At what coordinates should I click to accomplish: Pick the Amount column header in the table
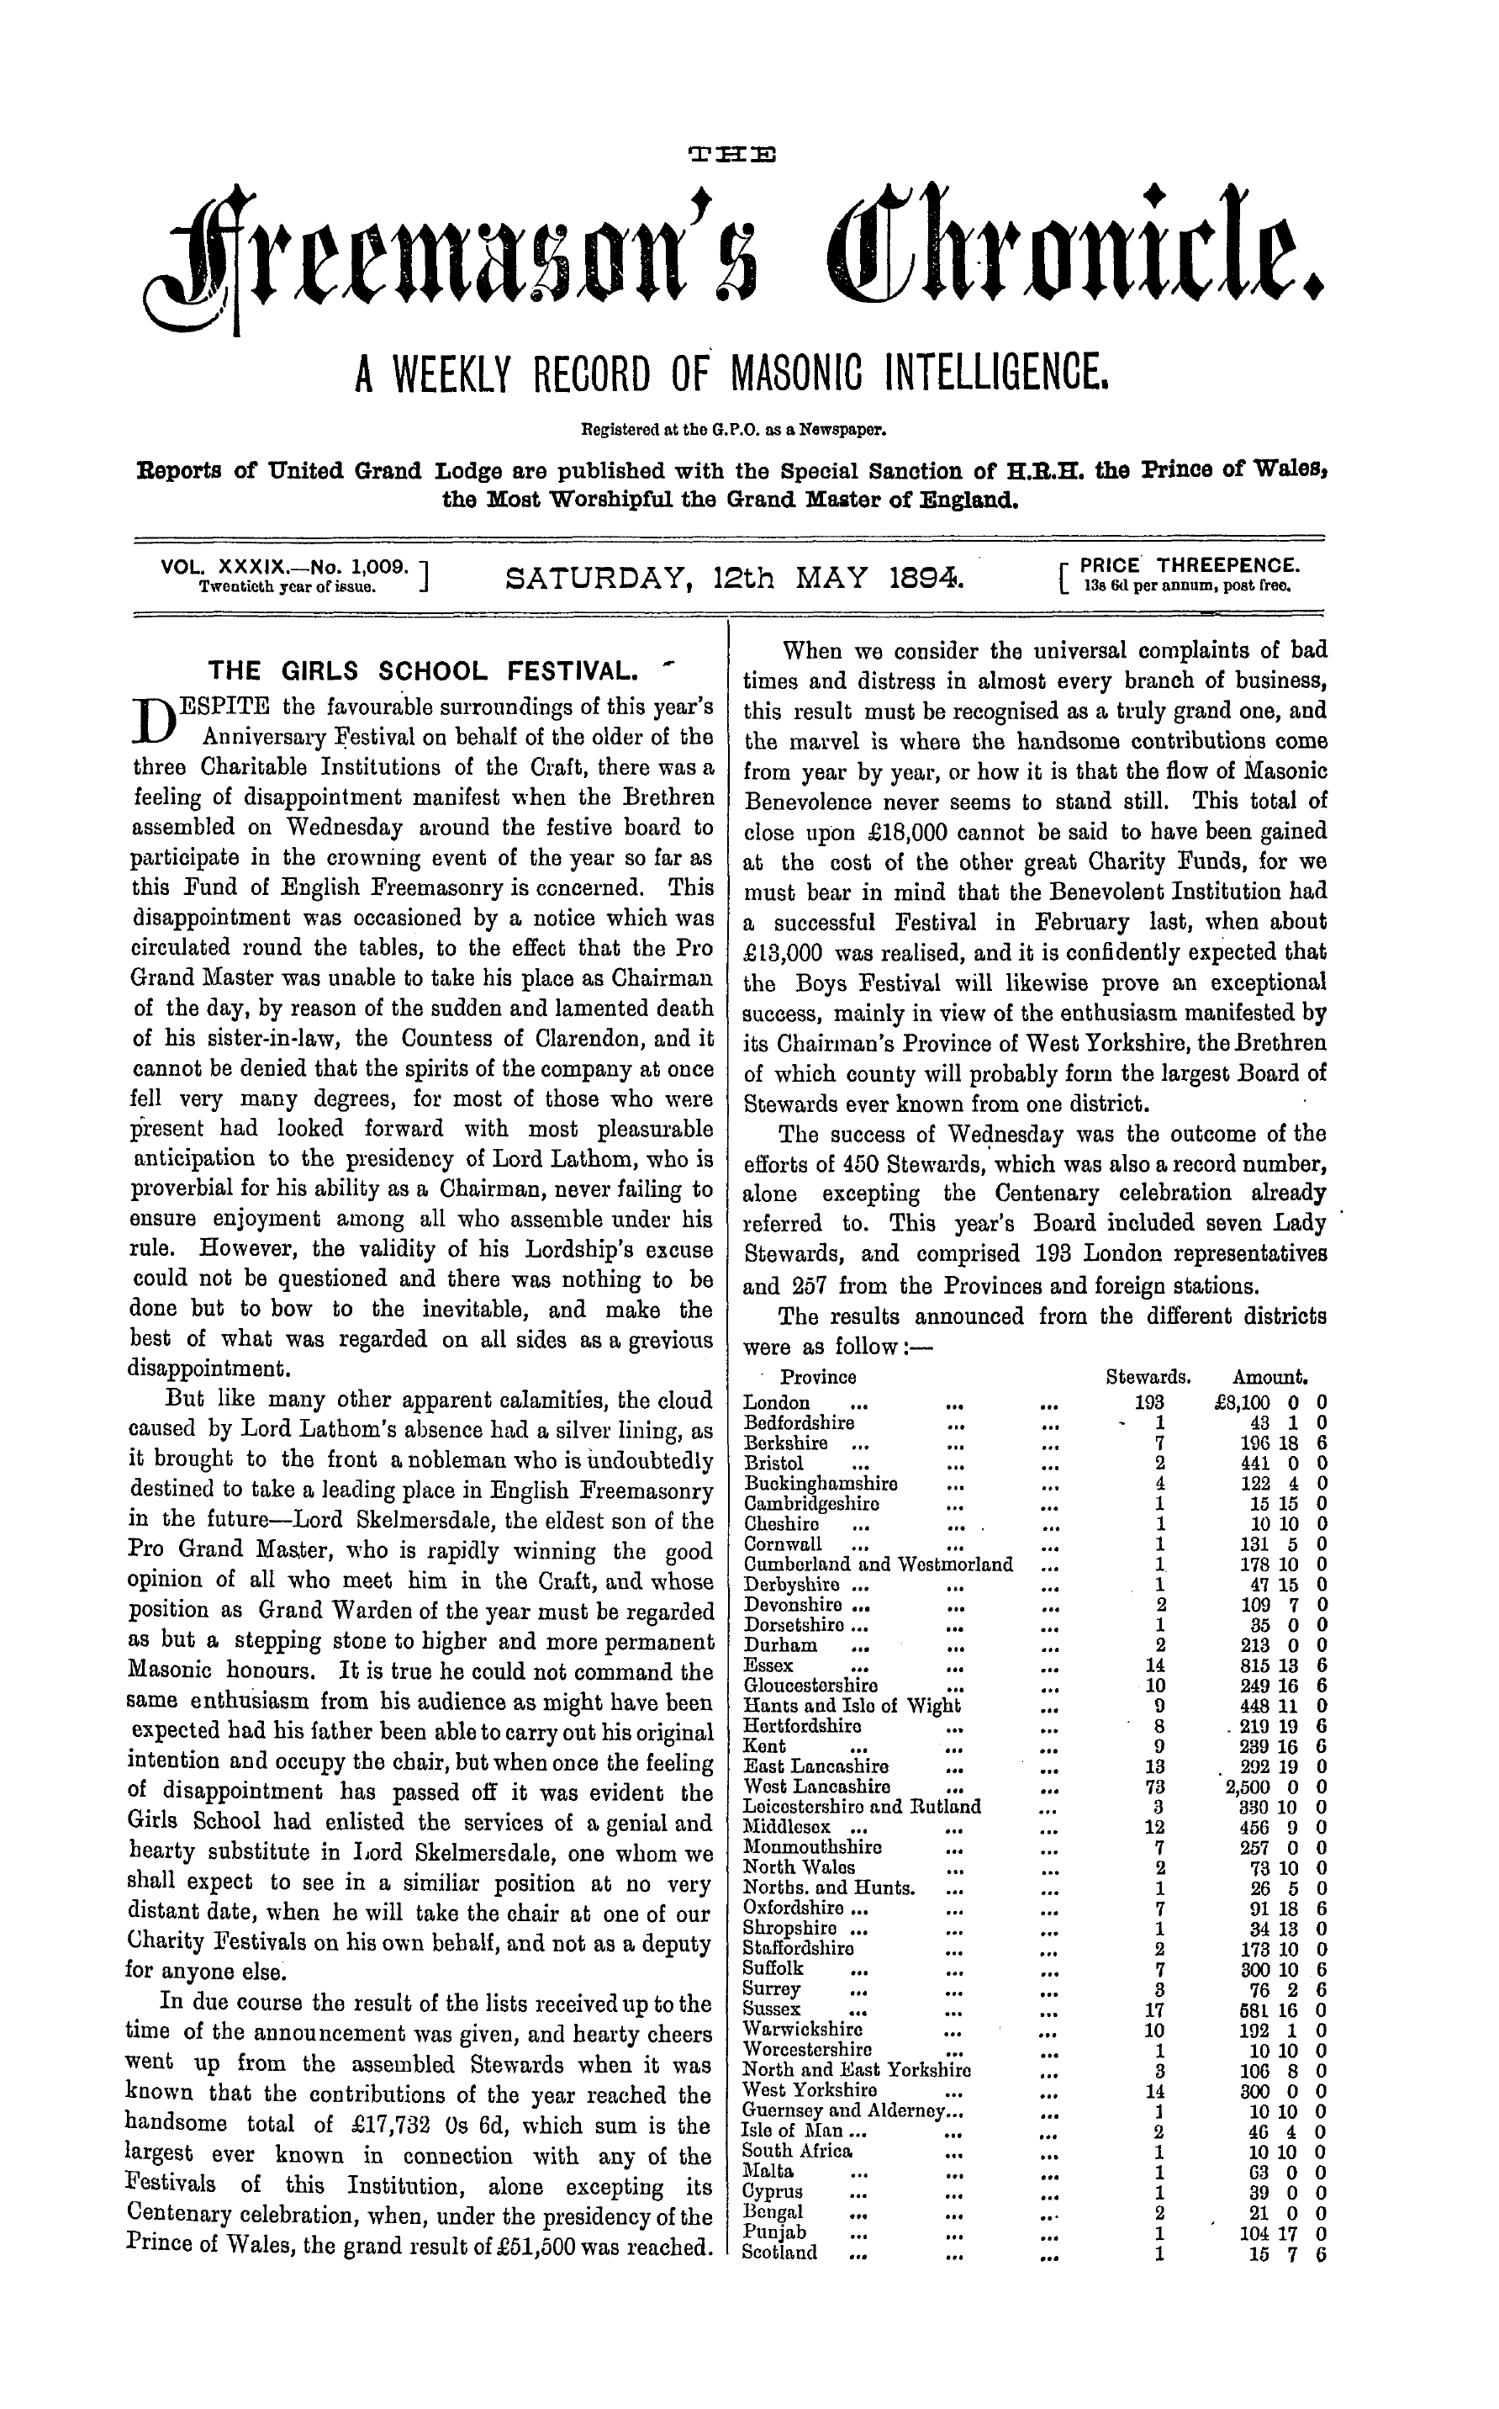[1271, 1378]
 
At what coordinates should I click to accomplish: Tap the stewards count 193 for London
[1150, 1403]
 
